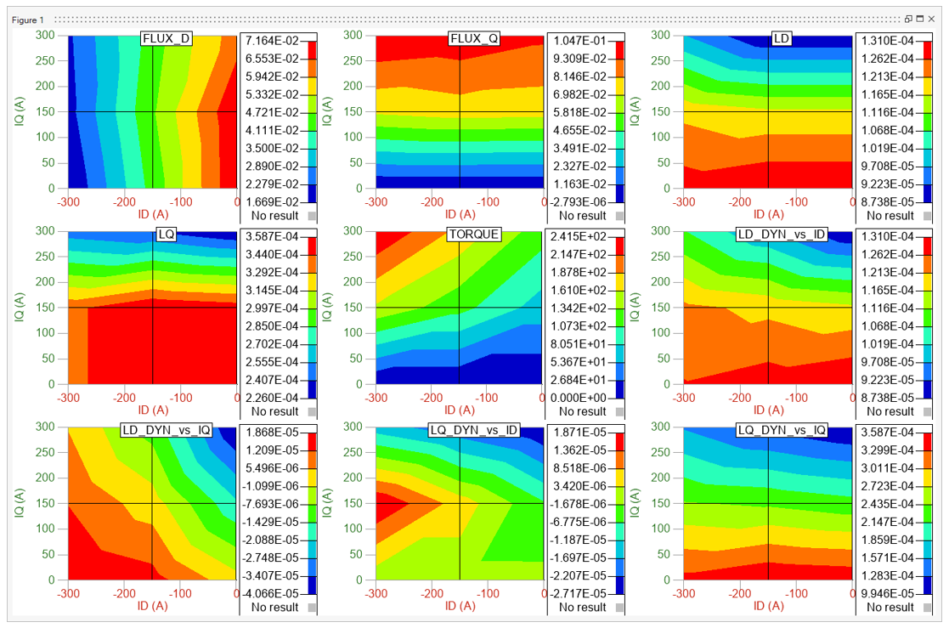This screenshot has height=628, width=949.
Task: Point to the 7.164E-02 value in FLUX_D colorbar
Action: [274, 41]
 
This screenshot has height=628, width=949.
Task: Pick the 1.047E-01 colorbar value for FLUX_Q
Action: [582, 41]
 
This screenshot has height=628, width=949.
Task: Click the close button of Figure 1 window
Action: [931, 19]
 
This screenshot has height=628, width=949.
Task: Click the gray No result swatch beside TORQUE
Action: [619, 412]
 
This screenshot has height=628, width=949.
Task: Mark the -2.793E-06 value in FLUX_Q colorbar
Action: [582, 201]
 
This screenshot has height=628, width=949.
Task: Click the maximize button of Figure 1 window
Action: [920, 19]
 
